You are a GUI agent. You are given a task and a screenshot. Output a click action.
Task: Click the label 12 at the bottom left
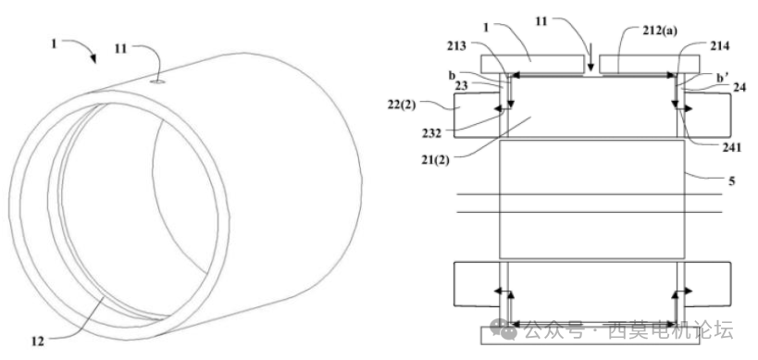[37, 341]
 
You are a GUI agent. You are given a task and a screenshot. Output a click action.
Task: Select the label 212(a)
[658, 31]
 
